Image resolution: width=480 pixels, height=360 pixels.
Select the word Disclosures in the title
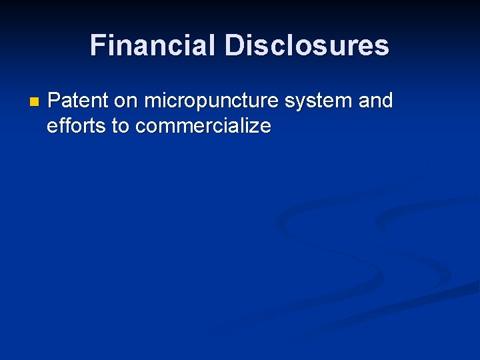tap(307, 45)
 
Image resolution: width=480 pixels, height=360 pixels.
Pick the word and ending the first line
tap(376, 101)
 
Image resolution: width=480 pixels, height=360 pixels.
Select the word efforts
tap(77, 125)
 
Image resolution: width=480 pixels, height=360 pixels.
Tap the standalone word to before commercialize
tap(121, 125)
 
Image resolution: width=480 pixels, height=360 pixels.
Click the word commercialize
tap(203, 125)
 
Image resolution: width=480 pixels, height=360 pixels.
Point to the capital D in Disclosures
tap(235, 45)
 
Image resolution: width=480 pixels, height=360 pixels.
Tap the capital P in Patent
tap(55, 101)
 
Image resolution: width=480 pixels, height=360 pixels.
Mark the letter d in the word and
tap(387, 101)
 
